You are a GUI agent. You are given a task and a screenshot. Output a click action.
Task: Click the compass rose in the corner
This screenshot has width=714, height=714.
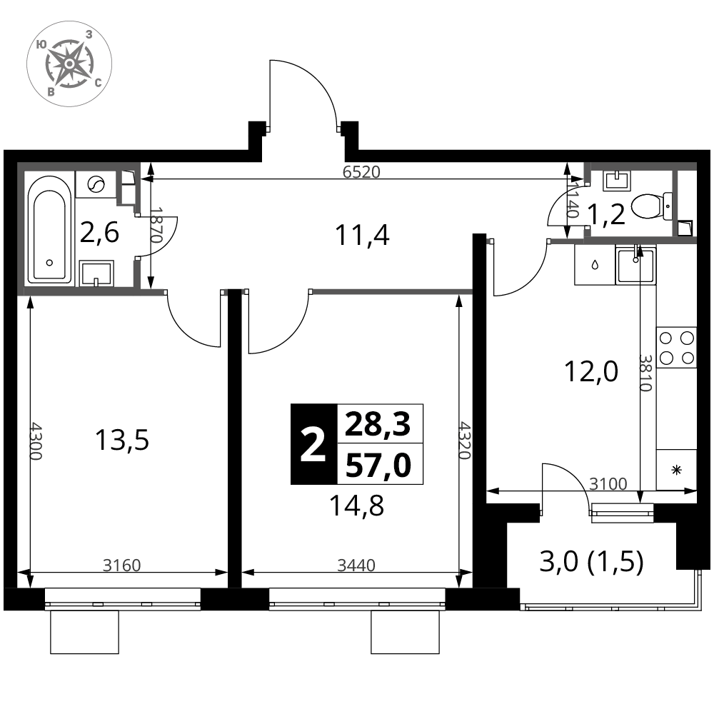tap(69, 64)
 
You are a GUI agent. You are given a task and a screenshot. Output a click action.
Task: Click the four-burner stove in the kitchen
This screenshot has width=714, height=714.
tap(676, 348)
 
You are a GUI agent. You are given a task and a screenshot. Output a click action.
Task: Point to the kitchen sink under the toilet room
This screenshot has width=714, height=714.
tap(635, 266)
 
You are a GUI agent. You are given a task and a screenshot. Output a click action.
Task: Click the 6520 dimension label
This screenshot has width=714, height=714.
tap(361, 172)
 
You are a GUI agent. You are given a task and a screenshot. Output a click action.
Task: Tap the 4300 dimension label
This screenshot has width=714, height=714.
tap(36, 441)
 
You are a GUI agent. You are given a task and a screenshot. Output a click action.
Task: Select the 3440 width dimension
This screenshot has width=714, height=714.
tap(356, 565)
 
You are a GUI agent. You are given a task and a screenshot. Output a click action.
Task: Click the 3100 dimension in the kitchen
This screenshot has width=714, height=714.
tap(608, 483)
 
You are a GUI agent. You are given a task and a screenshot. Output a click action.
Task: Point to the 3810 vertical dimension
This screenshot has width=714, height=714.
tap(645, 373)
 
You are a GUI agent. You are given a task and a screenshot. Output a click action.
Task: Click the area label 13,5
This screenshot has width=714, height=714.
tap(121, 441)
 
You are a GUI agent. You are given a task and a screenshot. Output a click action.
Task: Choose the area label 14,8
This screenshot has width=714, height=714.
tap(356, 506)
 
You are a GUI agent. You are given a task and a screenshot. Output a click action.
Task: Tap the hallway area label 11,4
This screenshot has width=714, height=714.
tap(362, 236)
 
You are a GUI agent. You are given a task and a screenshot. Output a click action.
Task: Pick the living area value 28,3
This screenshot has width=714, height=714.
tap(378, 424)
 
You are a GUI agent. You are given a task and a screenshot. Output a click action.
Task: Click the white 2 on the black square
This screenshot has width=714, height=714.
tap(313, 444)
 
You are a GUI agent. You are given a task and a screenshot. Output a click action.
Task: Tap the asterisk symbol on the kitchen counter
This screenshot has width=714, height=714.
tap(677, 470)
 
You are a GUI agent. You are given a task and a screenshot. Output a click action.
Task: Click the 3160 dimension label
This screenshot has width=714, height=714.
tap(121, 565)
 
